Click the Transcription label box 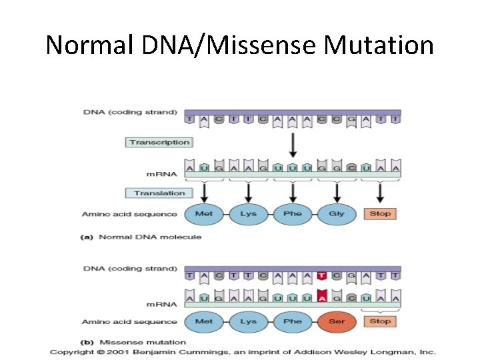point(159,142)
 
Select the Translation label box point(159,193)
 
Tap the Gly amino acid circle point(337,214)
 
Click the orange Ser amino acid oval point(337,321)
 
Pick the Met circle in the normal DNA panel point(204,214)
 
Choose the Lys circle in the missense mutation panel point(248,321)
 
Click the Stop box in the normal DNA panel point(380,214)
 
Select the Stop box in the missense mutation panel point(380,321)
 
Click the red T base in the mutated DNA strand point(322,275)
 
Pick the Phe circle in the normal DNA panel point(293,214)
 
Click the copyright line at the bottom point(243,351)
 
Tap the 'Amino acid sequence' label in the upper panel point(129,214)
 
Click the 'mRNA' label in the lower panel point(162,304)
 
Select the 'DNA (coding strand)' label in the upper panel point(131,112)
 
